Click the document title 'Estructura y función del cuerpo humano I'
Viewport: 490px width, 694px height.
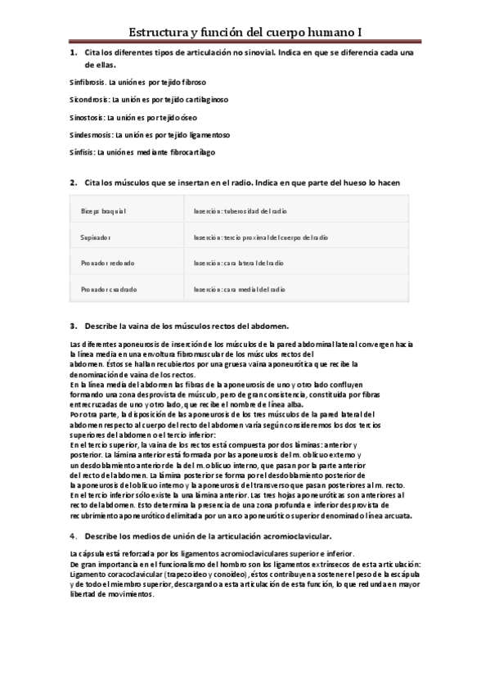(x=245, y=32)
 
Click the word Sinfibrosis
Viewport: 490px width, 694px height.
(x=85, y=83)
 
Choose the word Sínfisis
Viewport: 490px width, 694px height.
(x=81, y=152)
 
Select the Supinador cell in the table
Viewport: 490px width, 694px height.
(x=97, y=237)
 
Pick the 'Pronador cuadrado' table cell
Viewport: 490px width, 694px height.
(x=110, y=289)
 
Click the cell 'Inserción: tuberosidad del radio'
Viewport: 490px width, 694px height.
(x=241, y=211)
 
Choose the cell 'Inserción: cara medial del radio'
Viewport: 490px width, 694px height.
(x=240, y=289)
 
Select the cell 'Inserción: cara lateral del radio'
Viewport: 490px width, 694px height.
(x=240, y=264)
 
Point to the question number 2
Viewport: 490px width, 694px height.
(x=73, y=181)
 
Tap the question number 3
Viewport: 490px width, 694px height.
(x=73, y=326)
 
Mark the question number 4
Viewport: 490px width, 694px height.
(x=73, y=536)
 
